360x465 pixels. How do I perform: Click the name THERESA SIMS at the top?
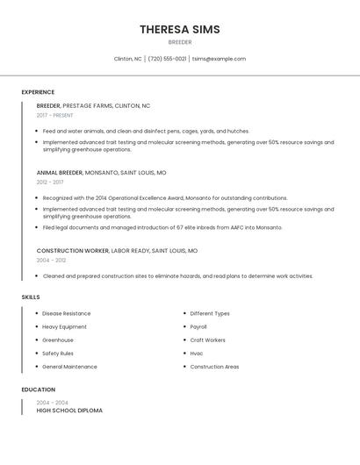pyautogui.click(x=179, y=30)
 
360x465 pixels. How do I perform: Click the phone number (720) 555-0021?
pyautogui.click(x=167, y=59)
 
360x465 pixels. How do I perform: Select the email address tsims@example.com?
pyautogui.click(x=219, y=59)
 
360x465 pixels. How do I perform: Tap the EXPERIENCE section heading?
pyautogui.click(x=38, y=92)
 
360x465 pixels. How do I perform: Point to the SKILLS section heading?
pyautogui.click(x=31, y=297)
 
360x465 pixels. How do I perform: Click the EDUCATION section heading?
pyautogui.click(x=39, y=390)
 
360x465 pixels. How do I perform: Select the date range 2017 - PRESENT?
pyautogui.click(x=54, y=115)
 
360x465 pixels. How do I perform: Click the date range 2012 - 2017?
pyautogui.click(x=50, y=182)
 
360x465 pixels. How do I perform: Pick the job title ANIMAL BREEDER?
pyautogui.click(x=60, y=173)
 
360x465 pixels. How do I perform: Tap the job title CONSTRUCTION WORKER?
pyautogui.click(x=72, y=251)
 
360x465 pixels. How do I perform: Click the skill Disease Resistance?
pyautogui.click(x=67, y=313)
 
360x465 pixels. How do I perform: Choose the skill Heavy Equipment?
pyautogui.click(x=64, y=326)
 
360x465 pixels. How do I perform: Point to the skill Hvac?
pyautogui.click(x=197, y=354)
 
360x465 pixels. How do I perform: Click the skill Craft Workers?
pyautogui.click(x=208, y=340)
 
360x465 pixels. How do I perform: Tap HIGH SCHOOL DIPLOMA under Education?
pyautogui.click(x=69, y=411)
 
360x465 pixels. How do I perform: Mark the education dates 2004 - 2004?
pyautogui.click(x=52, y=403)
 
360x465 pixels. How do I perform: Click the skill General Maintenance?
pyautogui.click(x=69, y=367)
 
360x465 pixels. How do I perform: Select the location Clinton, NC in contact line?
pyautogui.click(x=127, y=59)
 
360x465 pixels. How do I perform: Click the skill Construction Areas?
pyautogui.click(x=214, y=367)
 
